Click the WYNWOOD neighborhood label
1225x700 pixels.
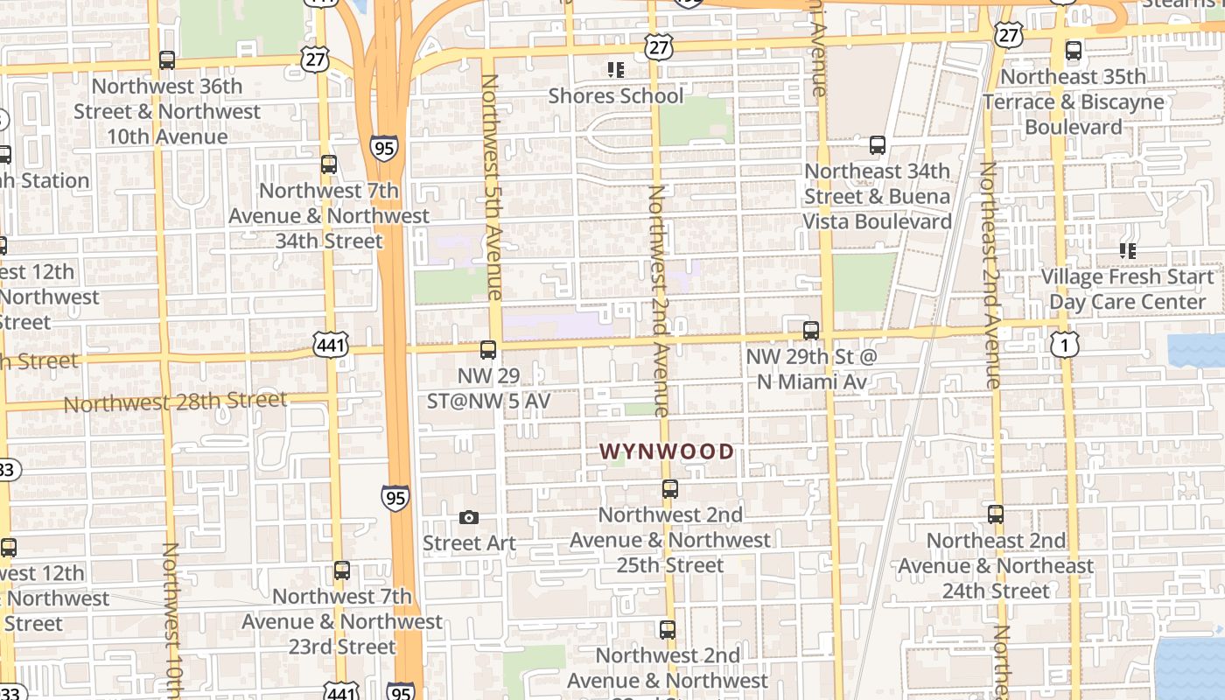(667, 451)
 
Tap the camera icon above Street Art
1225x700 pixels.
(469, 518)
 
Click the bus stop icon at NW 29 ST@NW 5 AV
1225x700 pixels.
(488, 350)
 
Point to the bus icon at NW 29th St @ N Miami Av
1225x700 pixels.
(811, 331)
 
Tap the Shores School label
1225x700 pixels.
(615, 95)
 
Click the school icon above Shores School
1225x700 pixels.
(615, 69)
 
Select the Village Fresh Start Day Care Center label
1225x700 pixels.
(1127, 290)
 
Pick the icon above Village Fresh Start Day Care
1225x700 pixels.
(1128, 251)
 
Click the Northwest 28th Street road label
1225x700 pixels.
(175, 402)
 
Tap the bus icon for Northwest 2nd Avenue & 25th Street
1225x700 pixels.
(670, 489)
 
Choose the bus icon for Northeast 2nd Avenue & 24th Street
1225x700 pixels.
(996, 514)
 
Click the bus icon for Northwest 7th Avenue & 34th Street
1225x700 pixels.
(329, 164)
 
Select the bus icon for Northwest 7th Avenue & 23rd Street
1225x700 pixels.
(342, 570)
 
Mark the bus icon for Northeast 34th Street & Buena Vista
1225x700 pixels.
(878, 145)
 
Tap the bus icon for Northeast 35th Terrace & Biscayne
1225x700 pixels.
(1074, 51)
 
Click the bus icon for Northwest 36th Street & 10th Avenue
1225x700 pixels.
(167, 60)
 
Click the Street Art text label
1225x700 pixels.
(469, 543)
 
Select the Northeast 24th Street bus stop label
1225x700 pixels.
(996, 566)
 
